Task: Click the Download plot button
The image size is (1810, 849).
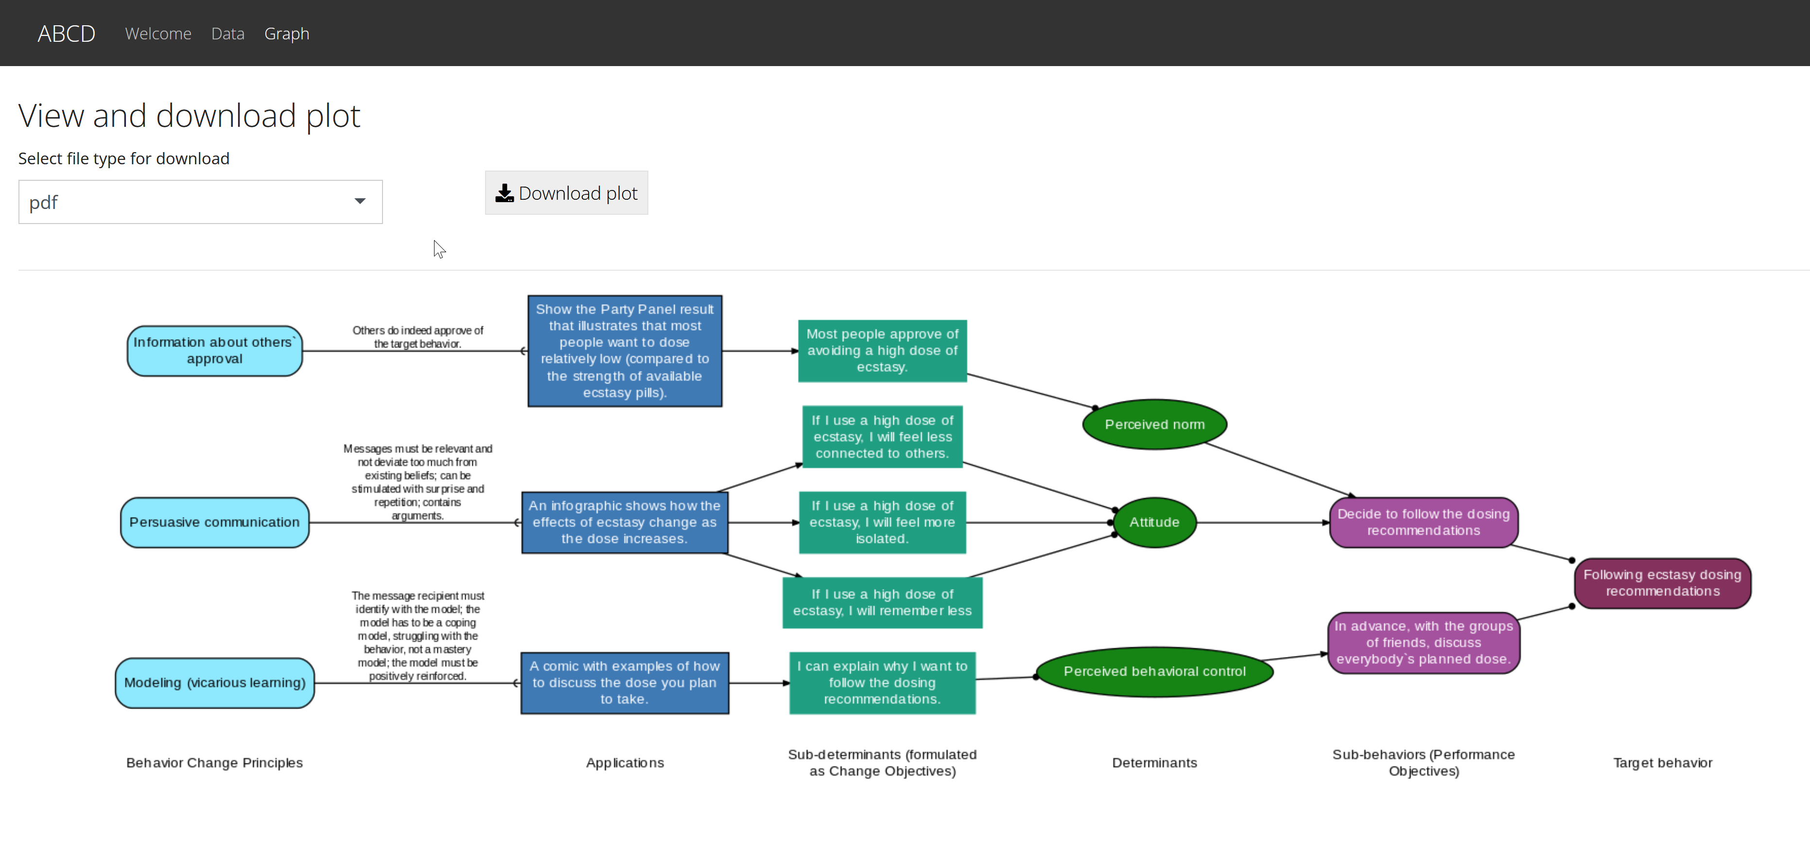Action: click(x=566, y=193)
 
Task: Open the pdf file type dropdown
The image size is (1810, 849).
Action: click(x=200, y=203)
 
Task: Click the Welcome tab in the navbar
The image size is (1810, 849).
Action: click(x=158, y=34)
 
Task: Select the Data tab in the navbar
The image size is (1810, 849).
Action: click(x=227, y=34)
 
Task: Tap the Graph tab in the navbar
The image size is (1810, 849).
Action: click(x=287, y=34)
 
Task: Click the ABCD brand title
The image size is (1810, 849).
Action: click(x=67, y=34)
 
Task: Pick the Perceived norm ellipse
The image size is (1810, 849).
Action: click(x=1154, y=425)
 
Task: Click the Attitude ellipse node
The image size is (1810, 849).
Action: click(x=1154, y=522)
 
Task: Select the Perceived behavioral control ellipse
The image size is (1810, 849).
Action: click(x=1154, y=671)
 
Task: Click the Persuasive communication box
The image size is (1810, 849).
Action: click(x=214, y=522)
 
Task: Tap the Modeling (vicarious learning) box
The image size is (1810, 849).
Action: click(x=214, y=682)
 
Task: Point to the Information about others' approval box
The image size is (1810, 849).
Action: click(x=214, y=351)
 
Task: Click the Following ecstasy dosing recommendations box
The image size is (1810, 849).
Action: click(x=1662, y=583)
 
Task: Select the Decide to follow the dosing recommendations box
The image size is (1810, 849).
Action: click(x=1424, y=522)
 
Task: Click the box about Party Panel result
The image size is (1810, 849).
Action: click(x=625, y=351)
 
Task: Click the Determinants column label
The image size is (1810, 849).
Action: click(x=1154, y=762)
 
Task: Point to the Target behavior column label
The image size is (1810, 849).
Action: click(x=1662, y=762)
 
